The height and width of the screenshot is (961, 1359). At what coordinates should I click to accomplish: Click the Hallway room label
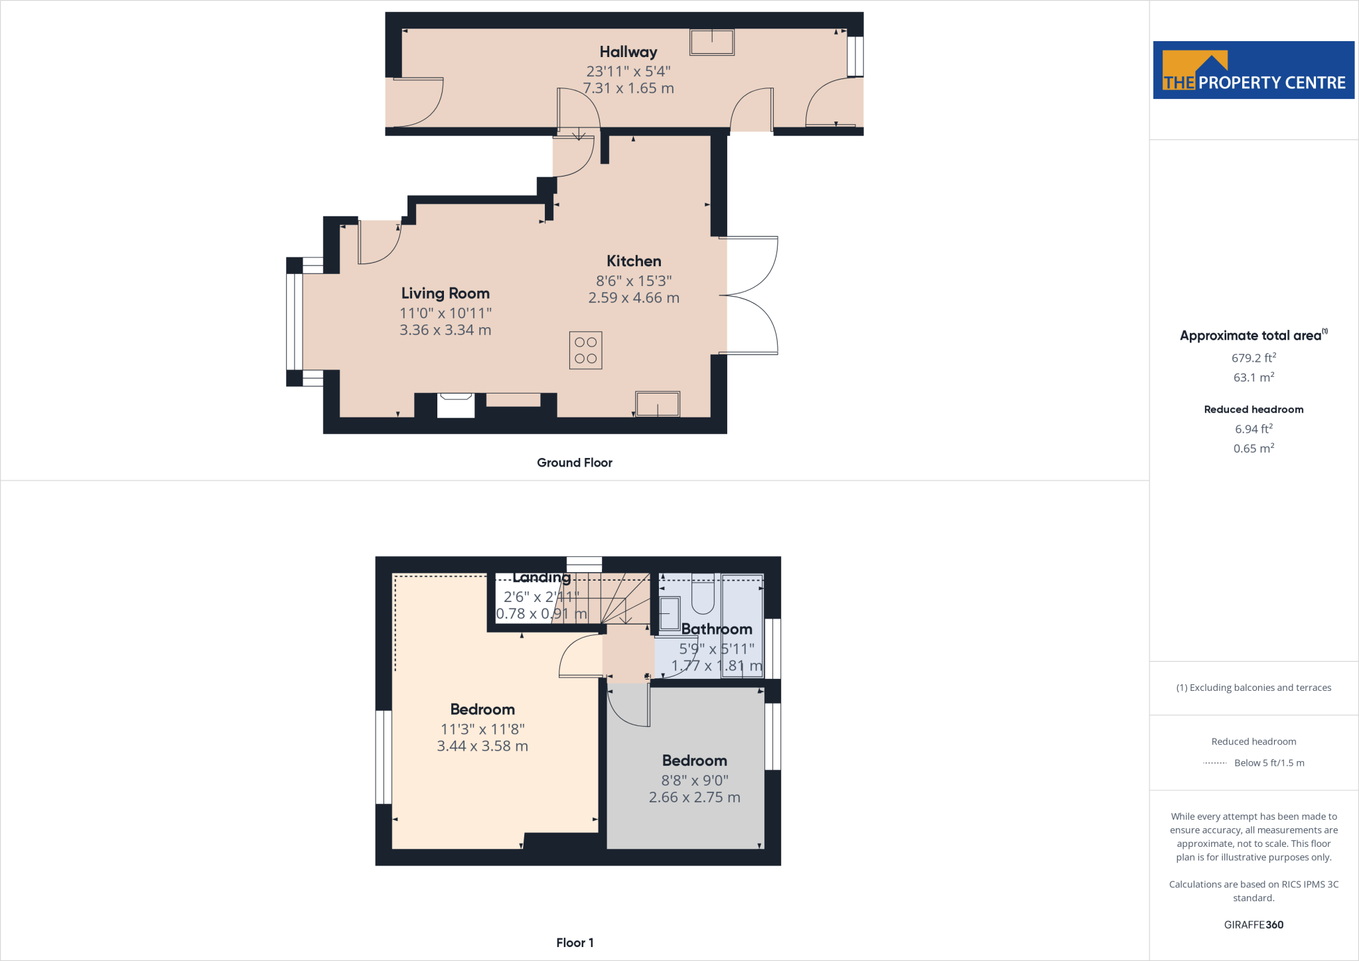point(628,52)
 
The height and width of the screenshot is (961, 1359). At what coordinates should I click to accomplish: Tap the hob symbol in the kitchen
point(585,350)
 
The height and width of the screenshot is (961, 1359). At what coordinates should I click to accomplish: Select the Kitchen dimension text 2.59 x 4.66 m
point(634,298)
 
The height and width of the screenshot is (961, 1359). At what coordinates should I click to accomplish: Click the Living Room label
point(445,293)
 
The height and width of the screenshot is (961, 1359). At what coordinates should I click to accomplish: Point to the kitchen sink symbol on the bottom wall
point(658,404)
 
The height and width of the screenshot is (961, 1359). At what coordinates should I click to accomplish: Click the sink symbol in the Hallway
point(712,42)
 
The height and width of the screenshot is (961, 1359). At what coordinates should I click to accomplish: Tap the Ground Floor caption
point(574,463)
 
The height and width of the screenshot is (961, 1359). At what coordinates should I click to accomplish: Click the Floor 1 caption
point(575,942)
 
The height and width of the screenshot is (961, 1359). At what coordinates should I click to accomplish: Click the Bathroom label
point(717,629)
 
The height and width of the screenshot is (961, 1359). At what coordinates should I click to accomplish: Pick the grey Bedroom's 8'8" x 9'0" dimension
point(694,780)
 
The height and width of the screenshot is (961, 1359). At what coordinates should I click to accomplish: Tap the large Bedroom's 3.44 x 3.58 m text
point(482,746)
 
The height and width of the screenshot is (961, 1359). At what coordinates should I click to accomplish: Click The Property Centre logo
point(1253,70)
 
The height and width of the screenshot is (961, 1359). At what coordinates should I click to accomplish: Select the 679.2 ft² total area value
point(1253,358)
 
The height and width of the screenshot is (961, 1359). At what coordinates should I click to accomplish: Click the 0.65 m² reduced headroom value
point(1253,449)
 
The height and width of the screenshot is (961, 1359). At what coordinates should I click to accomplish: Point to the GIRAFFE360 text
point(1253,924)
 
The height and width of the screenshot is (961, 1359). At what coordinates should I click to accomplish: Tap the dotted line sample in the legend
point(1214,763)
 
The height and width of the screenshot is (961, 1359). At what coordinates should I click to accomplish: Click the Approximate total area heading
point(1251,336)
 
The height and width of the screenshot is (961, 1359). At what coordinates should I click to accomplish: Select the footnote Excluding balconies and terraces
point(1253,688)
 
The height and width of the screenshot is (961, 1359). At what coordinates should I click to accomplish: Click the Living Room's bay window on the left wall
point(294,322)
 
